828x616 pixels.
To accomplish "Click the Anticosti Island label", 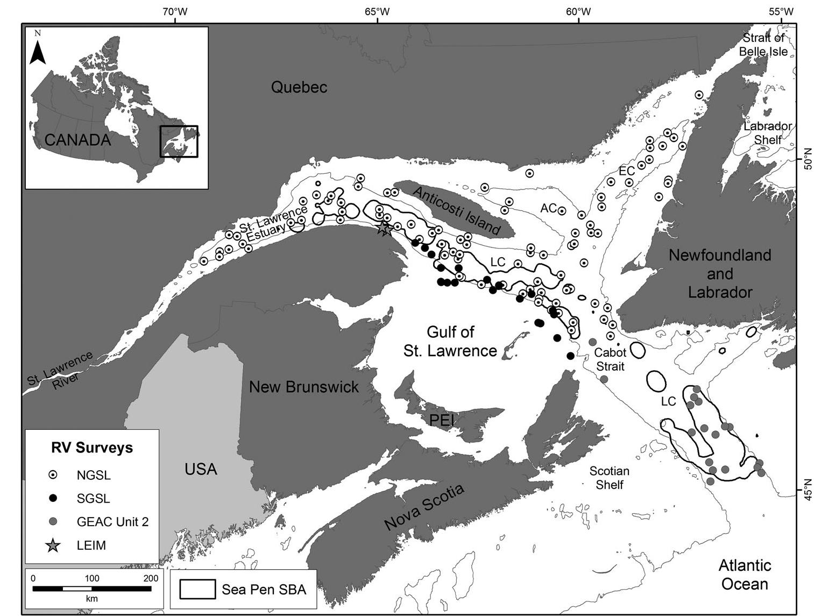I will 457,209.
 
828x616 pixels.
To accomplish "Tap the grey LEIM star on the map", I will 384,229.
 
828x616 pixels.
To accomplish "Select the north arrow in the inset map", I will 37,49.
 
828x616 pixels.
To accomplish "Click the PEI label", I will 442,420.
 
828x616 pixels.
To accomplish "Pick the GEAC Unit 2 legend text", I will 112,521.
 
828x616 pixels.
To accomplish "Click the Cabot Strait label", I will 610,359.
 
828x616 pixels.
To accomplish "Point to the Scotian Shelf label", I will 609,478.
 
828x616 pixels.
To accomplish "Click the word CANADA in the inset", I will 77,140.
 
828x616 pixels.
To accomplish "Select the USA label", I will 201,469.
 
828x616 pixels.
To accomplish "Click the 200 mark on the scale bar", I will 151,578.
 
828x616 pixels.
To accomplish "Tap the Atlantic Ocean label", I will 745,575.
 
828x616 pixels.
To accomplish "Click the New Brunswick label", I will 303,387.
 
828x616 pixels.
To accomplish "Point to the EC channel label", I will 627,171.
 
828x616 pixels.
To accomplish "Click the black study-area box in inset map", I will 179,141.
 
